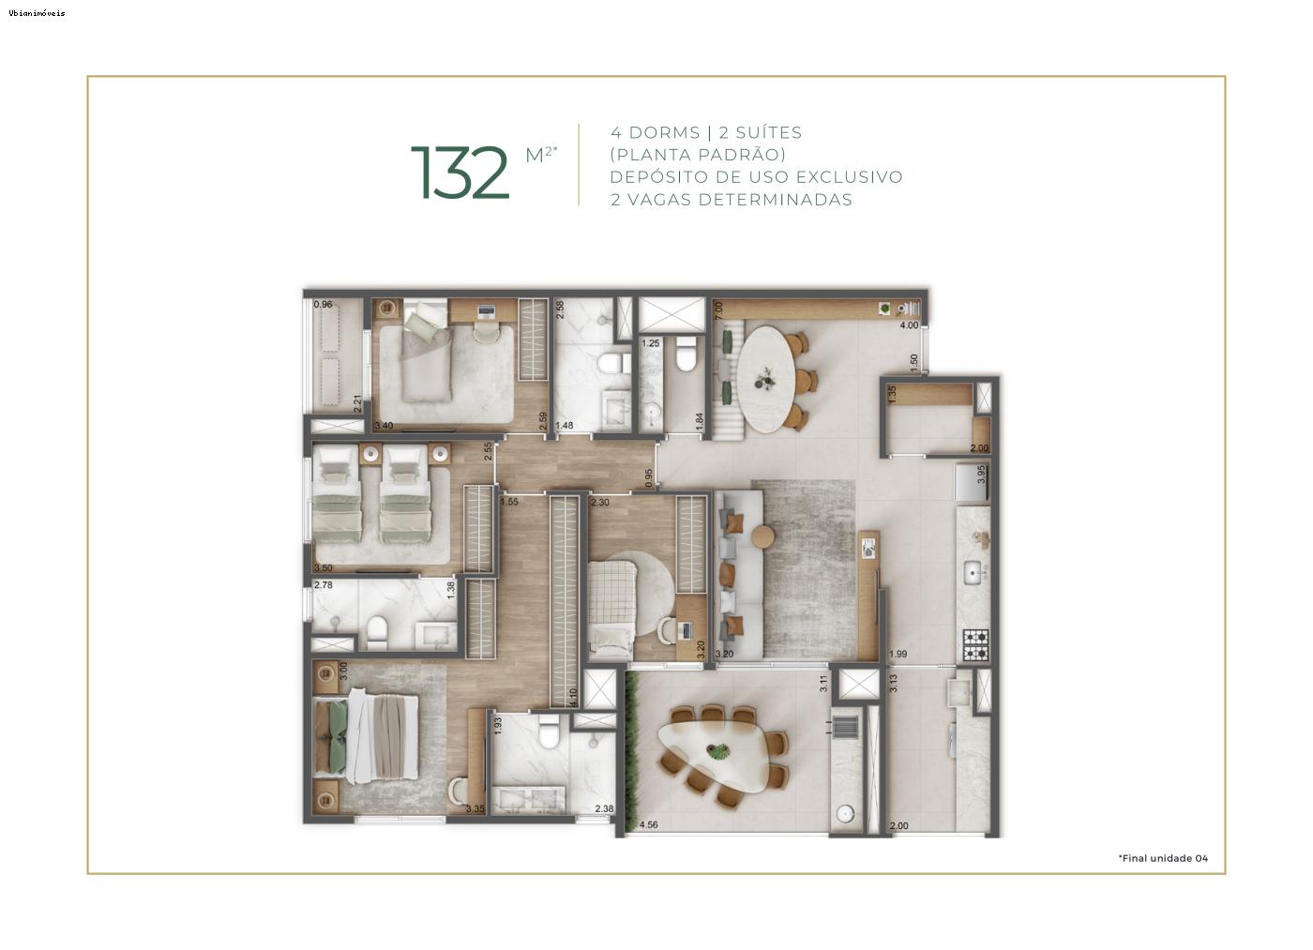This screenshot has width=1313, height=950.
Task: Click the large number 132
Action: coord(460,173)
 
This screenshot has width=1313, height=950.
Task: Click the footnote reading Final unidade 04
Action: coord(1163,858)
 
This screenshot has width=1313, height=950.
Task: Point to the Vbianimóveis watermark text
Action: coord(38,13)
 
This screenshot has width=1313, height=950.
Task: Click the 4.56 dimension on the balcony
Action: coord(648,825)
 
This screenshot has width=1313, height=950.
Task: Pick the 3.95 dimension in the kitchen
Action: coord(981,475)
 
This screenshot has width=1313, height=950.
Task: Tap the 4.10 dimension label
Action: coord(573,698)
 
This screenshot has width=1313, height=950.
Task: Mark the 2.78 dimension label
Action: coord(324,585)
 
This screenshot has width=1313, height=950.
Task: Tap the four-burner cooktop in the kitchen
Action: coord(975,644)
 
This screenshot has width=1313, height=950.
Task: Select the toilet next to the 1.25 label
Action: coord(687,355)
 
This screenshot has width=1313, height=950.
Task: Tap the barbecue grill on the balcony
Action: coord(846,728)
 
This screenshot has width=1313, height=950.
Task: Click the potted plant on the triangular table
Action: coord(719,751)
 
